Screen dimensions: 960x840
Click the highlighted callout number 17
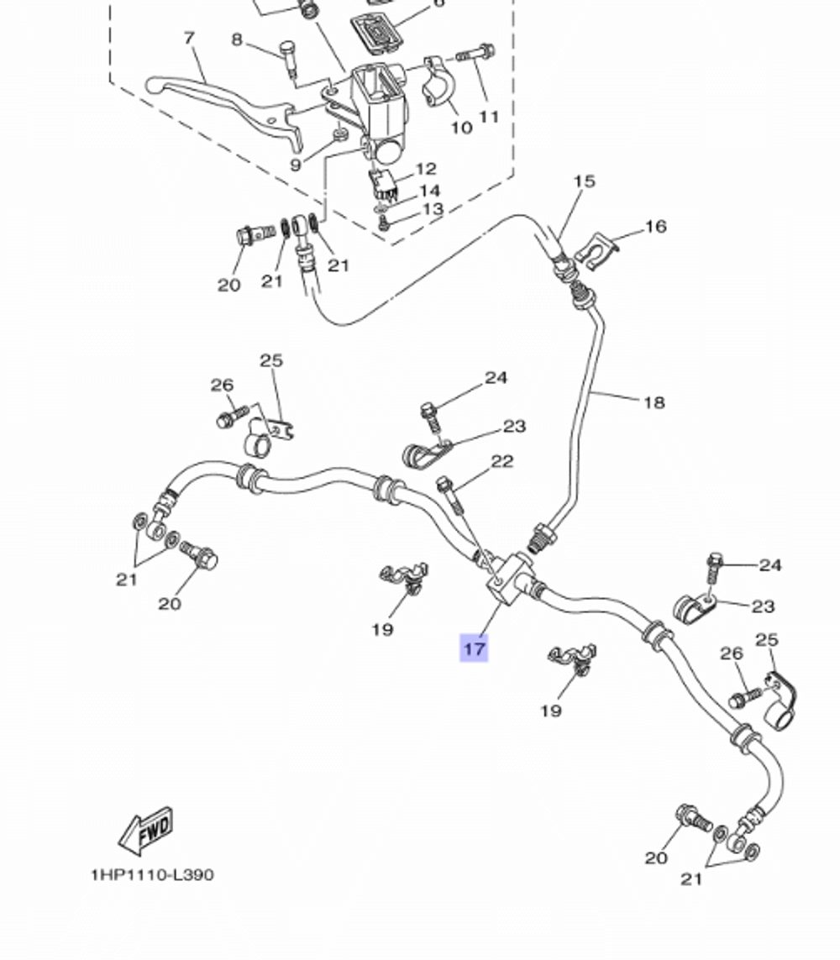pyautogui.click(x=474, y=648)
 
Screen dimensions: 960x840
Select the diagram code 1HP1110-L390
pyautogui.click(x=152, y=874)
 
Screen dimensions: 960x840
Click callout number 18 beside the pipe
pyautogui.click(x=654, y=402)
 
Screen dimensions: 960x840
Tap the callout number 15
pyautogui.click(x=584, y=181)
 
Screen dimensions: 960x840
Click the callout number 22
pyautogui.click(x=501, y=461)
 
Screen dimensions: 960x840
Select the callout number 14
pyautogui.click(x=429, y=191)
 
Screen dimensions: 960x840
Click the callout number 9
pyautogui.click(x=295, y=165)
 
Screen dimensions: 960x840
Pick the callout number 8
pyautogui.click(x=236, y=39)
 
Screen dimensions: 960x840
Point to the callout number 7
pyautogui.click(x=189, y=38)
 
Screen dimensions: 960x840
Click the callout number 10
pyautogui.click(x=461, y=128)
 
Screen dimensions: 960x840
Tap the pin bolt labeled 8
pyautogui.click(x=289, y=59)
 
